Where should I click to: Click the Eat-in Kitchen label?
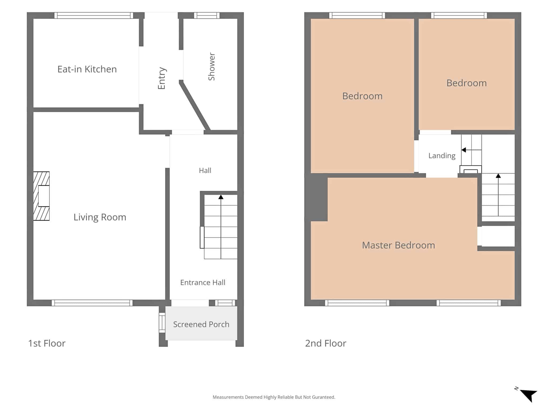(x=87, y=69)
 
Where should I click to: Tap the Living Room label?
(x=100, y=217)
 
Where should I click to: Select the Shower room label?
(x=212, y=66)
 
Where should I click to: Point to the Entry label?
(x=162, y=78)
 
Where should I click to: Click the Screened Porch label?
(x=201, y=324)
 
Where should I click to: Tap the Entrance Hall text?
(x=203, y=283)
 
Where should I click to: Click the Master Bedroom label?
(x=398, y=245)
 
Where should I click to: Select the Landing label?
(x=442, y=156)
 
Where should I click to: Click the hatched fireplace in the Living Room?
(x=41, y=196)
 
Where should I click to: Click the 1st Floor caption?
(x=47, y=343)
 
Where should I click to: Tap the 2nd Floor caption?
(x=326, y=343)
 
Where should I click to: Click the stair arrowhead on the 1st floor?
(x=221, y=197)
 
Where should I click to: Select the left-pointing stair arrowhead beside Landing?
(x=464, y=150)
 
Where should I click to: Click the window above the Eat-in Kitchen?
(x=94, y=15)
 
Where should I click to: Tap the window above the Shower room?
(x=207, y=15)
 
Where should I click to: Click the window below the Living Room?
(x=92, y=303)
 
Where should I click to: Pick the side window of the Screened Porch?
(x=162, y=323)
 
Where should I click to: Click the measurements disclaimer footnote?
(x=274, y=397)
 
